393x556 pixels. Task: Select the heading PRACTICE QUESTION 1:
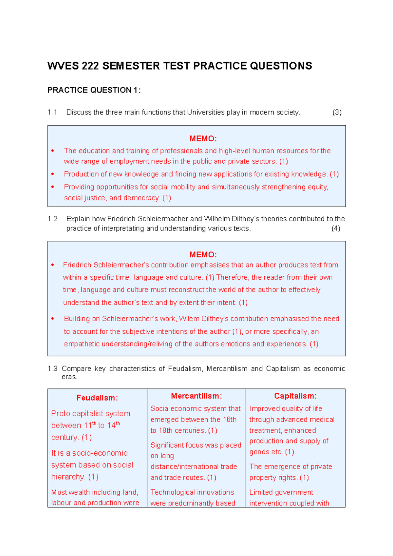[94, 90]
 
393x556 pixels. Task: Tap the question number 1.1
[52, 112]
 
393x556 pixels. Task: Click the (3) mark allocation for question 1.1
[337, 112]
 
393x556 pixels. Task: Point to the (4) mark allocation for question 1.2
[336, 228]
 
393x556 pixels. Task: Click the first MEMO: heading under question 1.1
[203, 139]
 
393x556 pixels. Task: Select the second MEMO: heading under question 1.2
[203, 255]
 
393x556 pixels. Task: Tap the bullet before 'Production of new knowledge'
[53, 174]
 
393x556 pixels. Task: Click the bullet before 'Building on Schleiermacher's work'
[53, 319]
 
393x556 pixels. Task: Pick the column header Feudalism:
[97, 398]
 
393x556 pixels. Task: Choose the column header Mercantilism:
[196, 396]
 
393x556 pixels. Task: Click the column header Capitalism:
[295, 396]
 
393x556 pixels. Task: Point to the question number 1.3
[52, 369]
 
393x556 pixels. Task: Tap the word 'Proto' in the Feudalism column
[61, 414]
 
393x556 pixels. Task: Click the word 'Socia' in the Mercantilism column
[159, 409]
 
